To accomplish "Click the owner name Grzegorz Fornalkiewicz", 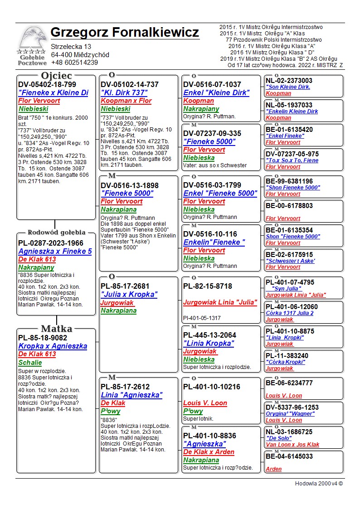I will [125, 33].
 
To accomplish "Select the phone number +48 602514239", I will [74, 63].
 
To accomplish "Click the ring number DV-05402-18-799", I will [47, 84].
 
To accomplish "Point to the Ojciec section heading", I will [56, 76].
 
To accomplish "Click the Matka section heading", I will [56, 329].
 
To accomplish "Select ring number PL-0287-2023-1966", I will [51, 243].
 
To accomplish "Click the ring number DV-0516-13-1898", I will [130, 185].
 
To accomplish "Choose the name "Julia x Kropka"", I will [129, 295].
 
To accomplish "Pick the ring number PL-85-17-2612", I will [125, 387].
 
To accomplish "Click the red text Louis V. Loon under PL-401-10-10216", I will [205, 403].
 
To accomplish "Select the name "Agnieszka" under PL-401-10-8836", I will [204, 444].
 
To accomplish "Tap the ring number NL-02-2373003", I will [289, 81].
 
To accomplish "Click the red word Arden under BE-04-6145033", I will [273, 469].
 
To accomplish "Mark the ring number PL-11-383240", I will [287, 356].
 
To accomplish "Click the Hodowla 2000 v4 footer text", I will [319, 484].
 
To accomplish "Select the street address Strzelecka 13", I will [71, 47].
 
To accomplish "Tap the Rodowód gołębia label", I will [56, 233].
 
